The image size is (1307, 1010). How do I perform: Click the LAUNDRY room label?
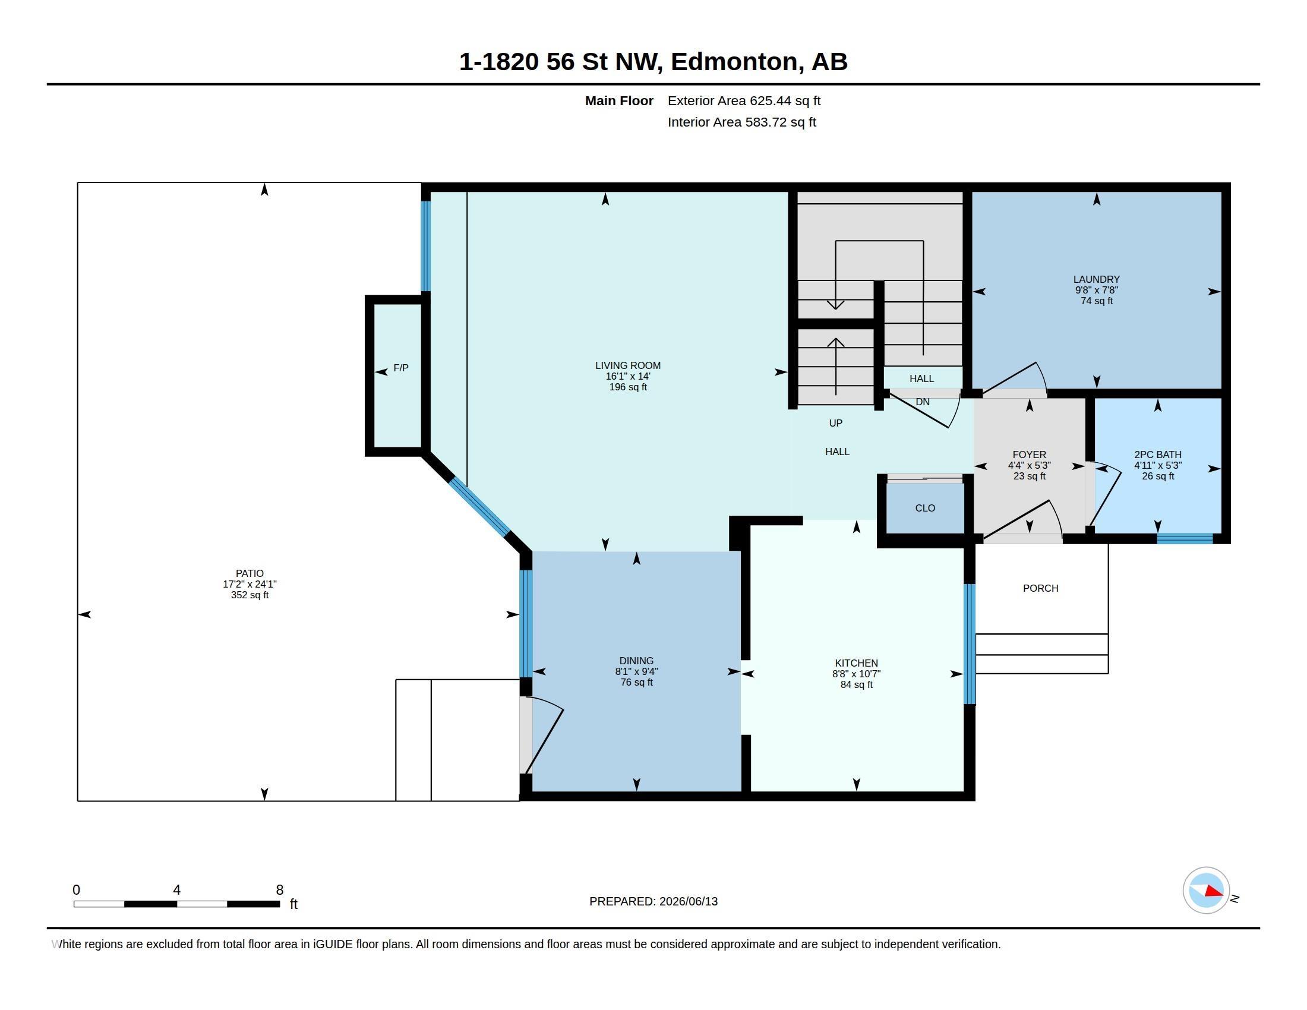click(x=1096, y=279)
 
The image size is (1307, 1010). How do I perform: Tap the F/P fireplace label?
click(x=401, y=368)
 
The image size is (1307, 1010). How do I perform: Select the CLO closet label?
click(x=925, y=508)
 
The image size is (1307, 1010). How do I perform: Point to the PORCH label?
click(x=1041, y=588)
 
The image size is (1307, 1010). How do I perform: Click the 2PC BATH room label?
click(x=1158, y=454)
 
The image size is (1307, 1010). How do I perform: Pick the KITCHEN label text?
click(x=856, y=663)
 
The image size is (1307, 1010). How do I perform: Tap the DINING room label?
click(x=637, y=661)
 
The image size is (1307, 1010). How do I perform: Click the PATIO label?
click(x=250, y=573)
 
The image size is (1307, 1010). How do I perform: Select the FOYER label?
click(x=1030, y=454)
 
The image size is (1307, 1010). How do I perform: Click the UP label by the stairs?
click(x=835, y=423)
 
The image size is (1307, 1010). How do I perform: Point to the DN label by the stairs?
click(x=923, y=402)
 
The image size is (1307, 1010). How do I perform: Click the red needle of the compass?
click(x=1213, y=892)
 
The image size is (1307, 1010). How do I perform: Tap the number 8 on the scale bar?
click(x=279, y=890)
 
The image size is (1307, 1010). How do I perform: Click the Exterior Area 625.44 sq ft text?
click(x=744, y=100)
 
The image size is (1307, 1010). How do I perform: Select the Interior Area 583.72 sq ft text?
click(x=741, y=122)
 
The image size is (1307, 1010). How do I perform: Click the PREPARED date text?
click(x=653, y=901)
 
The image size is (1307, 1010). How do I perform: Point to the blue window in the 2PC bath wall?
click(x=1185, y=538)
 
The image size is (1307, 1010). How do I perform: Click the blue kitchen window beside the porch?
click(x=970, y=645)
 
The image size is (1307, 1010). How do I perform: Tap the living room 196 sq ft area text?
click(x=628, y=387)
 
